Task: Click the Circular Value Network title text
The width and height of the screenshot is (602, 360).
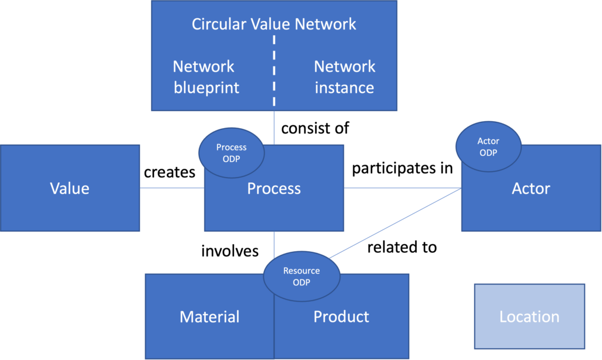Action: (x=274, y=24)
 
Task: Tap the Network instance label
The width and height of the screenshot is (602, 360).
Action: (x=345, y=77)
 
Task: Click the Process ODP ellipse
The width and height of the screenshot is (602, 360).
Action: (x=231, y=152)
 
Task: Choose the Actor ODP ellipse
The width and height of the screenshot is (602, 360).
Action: (x=488, y=146)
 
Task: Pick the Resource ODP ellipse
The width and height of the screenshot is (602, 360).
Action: (x=301, y=276)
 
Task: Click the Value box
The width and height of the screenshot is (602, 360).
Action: (x=69, y=188)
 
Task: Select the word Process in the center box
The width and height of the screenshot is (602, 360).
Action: (x=274, y=188)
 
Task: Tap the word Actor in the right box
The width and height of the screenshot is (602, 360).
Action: (x=531, y=188)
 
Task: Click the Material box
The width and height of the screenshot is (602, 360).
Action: (x=209, y=317)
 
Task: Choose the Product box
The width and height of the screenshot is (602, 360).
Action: (x=341, y=317)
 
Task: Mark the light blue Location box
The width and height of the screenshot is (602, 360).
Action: (x=529, y=317)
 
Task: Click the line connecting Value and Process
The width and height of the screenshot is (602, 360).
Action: (x=172, y=188)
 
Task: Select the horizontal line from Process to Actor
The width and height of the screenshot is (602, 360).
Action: (x=403, y=188)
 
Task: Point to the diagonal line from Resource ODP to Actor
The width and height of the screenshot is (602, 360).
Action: (x=394, y=224)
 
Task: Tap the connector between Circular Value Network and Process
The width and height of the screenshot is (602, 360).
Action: (x=274, y=128)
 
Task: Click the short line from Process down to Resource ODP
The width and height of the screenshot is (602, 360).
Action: (x=274, y=244)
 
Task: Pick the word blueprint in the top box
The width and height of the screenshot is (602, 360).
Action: (x=206, y=88)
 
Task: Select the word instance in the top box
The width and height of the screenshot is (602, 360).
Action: (x=345, y=88)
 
